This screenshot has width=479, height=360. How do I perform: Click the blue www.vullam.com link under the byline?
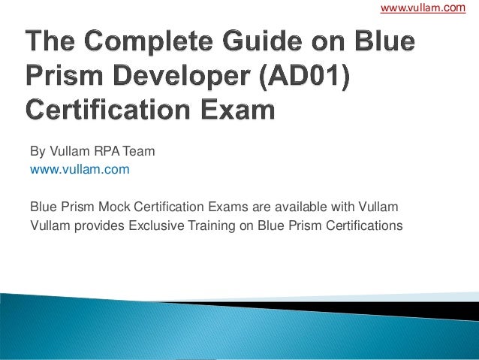click(79, 170)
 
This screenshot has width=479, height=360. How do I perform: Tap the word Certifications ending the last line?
click(362, 224)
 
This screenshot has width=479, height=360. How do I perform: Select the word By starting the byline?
click(37, 152)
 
